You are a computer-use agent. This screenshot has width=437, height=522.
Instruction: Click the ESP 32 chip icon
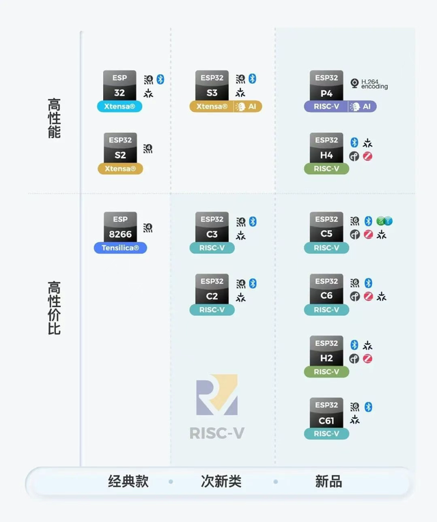click(x=120, y=85)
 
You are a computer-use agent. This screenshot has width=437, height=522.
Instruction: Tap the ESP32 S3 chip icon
click(x=212, y=85)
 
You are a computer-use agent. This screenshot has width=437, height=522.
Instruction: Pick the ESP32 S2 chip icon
click(x=120, y=147)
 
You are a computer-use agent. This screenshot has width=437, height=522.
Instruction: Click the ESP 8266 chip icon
click(x=120, y=227)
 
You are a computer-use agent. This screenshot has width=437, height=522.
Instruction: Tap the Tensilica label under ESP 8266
click(x=120, y=248)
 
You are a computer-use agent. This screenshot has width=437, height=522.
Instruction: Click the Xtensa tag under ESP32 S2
click(x=120, y=169)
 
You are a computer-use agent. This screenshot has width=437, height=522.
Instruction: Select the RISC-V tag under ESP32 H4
click(x=326, y=169)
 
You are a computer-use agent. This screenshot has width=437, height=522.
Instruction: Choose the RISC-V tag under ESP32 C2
click(x=212, y=310)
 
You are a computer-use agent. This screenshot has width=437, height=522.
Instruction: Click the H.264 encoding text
click(x=374, y=84)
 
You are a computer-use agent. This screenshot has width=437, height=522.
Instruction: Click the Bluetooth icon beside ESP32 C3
click(x=252, y=221)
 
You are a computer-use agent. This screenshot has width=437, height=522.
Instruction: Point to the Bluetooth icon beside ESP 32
click(x=160, y=79)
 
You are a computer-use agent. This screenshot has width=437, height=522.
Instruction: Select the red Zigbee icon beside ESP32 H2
click(x=368, y=359)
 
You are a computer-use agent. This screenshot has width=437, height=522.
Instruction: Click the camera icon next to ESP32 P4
click(x=354, y=83)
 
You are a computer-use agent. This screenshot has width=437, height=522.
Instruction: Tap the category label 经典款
click(x=128, y=481)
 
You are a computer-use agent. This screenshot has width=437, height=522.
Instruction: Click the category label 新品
click(x=328, y=481)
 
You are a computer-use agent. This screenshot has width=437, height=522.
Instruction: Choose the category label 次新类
click(x=221, y=481)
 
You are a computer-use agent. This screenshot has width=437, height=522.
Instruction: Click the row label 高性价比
click(x=54, y=308)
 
